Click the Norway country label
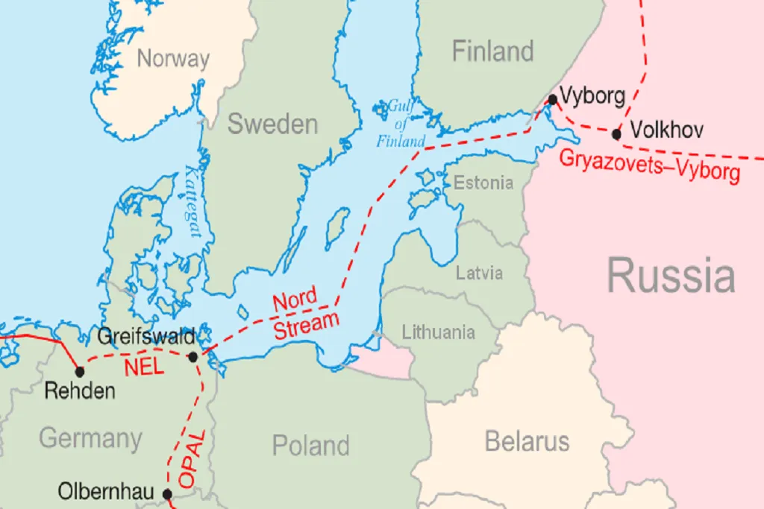coord(173,58)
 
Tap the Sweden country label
coord(272,124)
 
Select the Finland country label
coord(493,51)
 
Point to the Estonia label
coord(483,183)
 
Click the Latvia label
coord(479,273)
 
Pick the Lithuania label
coord(438,332)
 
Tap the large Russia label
coord(670,275)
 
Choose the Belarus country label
coord(527,440)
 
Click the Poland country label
coord(310,445)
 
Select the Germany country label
coord(90,437)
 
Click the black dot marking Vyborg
coord(552,99)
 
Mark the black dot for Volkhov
coord(616,134)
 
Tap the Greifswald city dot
coord(192,357)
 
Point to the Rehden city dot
coord(79,370)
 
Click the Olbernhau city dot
coord(167,493)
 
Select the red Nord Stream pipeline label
coord(304,314)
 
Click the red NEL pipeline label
coord(144,367)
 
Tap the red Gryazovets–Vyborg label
coord(649,165)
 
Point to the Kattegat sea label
coord(192,201)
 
